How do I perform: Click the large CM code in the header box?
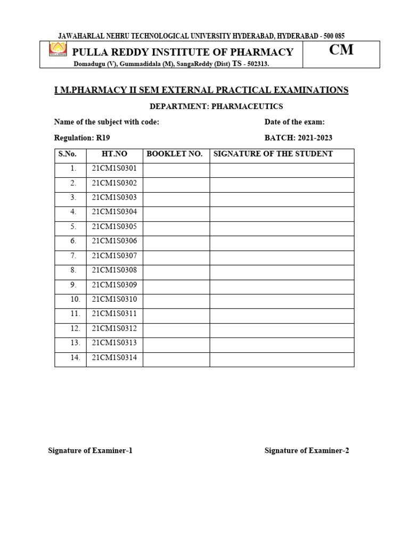341,51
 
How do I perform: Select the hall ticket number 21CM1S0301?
114,169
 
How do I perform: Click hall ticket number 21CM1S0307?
114,256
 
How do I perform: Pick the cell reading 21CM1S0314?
114,358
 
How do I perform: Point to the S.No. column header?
68,154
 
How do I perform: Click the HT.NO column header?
114,154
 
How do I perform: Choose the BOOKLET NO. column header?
175,154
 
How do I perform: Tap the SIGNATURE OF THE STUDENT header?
273,154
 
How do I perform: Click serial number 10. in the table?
75,300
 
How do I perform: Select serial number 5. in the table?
73,227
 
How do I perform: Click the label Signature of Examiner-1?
90,451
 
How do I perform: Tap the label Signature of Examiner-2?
307,451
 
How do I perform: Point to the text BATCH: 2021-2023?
298,138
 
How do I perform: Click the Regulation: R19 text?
82,138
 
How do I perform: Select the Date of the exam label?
295,122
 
